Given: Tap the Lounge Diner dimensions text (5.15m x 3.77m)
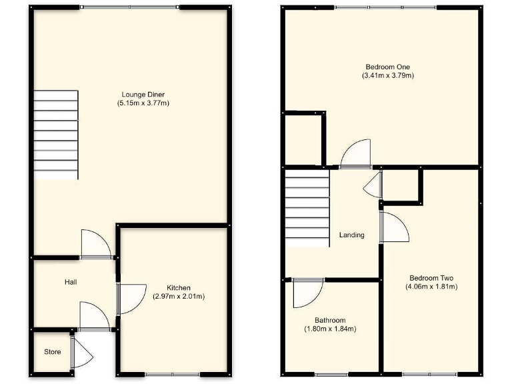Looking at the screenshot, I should pyautogui.click(x=143, y=103).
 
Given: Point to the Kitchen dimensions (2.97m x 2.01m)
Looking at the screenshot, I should pyautogui.click(x=178, y=297).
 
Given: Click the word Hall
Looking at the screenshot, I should pyautogui.click(x=71, y=282).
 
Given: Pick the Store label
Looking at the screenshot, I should pyautogui.click(x=52, y=351).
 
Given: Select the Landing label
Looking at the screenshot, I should pyautogui.click(x=351, y=235).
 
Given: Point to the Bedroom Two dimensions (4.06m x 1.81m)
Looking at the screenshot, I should pyautogui.click(x=431, y=287).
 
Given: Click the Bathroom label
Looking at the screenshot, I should pyautogui.click(x=330, y=321).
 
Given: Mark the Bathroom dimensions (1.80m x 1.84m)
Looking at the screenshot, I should pyautogui.click(x=330, y=329).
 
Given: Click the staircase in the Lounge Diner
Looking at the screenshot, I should pyautogui.click(x=57, y=135).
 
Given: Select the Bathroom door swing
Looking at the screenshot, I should pyautogui.click(x=307, y=291).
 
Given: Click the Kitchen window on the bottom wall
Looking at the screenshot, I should pyautogui.click(x=171, y=374).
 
